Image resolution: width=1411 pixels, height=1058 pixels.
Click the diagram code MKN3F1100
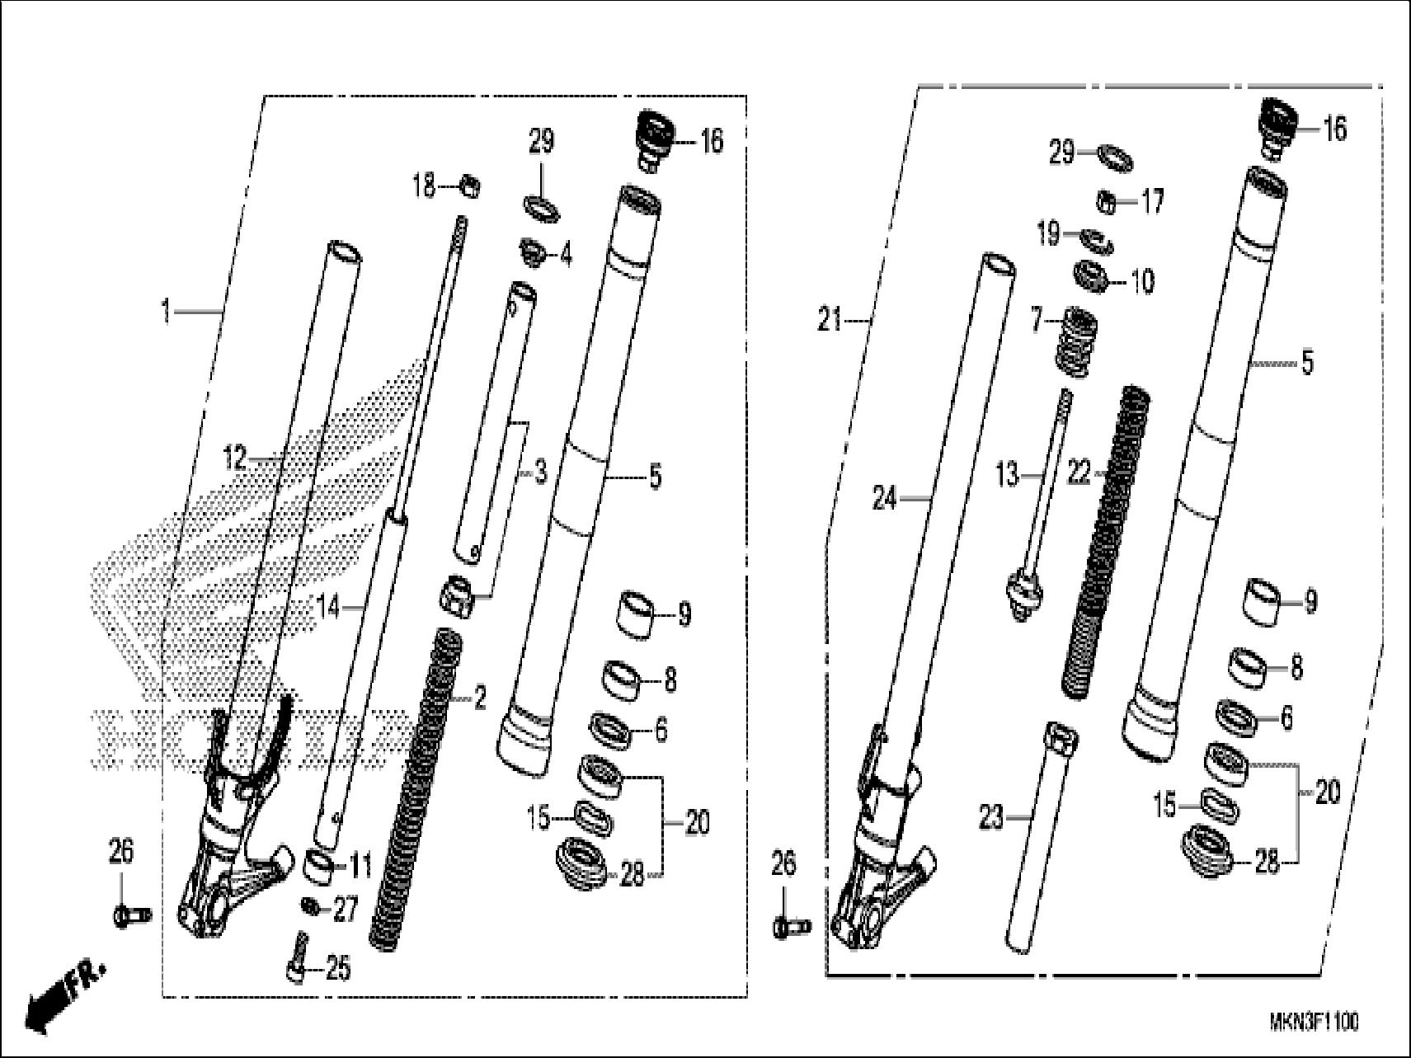point(1314,1023)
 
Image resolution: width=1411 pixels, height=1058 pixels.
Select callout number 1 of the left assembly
point(167,313)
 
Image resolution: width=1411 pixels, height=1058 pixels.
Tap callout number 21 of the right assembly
point(829,319)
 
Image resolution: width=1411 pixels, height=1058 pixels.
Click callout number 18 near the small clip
point(423,186)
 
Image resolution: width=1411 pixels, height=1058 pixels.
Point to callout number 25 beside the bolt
point(338,969)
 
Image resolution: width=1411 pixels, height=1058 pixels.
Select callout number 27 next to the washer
point(345,910)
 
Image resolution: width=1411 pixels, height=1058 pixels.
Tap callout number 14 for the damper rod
point(328,608)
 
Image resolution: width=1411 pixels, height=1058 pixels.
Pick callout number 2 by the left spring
point(479,700)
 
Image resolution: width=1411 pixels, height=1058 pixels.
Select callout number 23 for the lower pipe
point(991,817)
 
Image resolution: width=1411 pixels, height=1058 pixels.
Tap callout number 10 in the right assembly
point(1142,281)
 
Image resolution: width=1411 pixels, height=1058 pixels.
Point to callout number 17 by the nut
point(1151,200)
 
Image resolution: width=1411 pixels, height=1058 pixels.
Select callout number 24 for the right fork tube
point(884,498)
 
